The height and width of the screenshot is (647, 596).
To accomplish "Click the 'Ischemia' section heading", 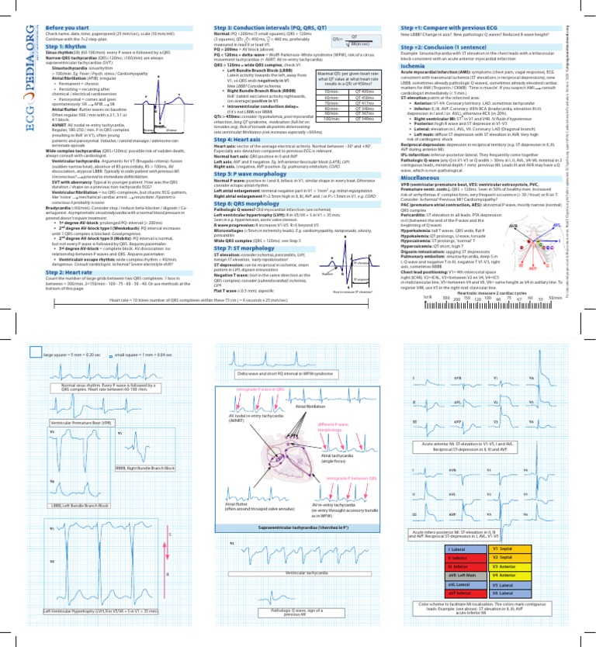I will pos(414,66).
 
